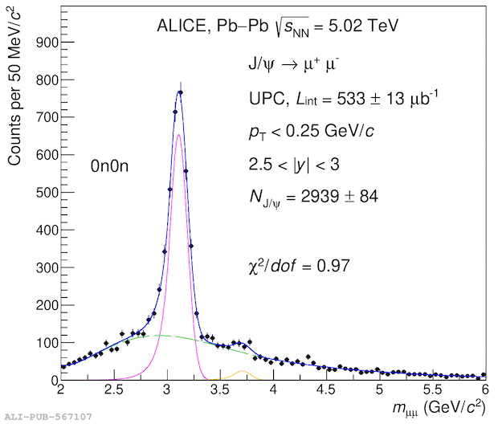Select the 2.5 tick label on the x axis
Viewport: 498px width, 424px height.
[114, 390]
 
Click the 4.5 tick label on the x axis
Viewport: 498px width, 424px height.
[326, 390]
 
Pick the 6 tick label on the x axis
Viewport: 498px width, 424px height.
[484, 390]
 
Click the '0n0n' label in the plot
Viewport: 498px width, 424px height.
[109, 166]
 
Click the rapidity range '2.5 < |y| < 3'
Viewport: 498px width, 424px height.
[299, 164]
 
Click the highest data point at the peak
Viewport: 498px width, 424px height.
[180, 92]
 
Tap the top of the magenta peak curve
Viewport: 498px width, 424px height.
[178, 135]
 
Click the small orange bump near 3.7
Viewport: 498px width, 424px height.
[243, 372]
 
